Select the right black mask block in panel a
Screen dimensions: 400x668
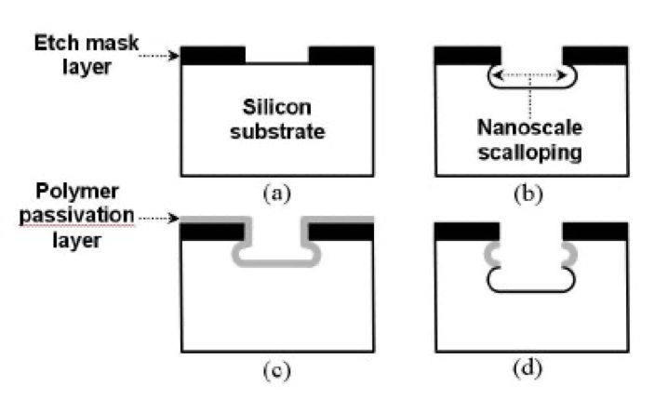(x=341, y=55)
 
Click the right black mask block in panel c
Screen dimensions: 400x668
(x=341, y=232)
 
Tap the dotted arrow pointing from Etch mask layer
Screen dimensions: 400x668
(x=158, y=56)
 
